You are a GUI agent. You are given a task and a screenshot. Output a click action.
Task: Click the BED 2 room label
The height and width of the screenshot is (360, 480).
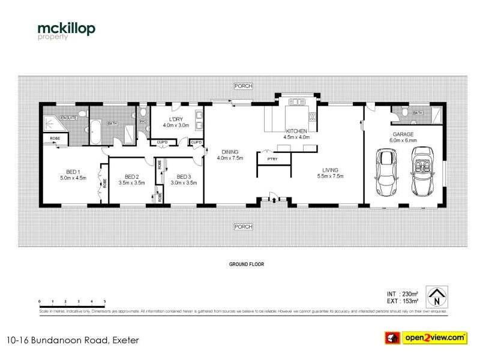click(x=132, y=179)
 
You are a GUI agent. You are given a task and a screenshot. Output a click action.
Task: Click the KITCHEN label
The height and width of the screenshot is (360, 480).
click(x=296, y=134)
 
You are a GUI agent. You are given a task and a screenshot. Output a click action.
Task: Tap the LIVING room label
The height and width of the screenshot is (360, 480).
click(x=329, y=173)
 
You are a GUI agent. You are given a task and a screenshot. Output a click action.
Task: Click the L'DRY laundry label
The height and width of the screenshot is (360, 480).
click(x=175, y=122)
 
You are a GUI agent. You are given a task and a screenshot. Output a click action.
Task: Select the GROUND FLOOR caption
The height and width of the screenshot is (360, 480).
click(x=246, y=264)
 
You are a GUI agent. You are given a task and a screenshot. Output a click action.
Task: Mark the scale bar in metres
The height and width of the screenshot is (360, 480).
click(x=72, y=304)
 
